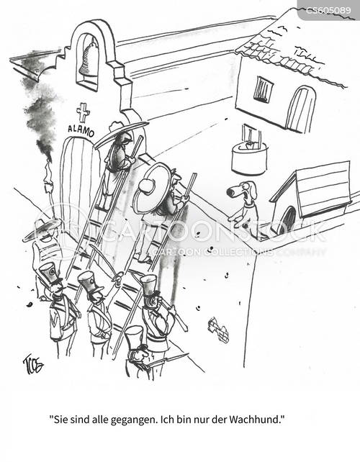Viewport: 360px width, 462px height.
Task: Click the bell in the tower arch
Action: (x=88, y=60)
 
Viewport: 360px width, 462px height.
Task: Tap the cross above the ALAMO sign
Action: (x=83, y=113)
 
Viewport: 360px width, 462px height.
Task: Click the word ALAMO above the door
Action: (x=81, y=130)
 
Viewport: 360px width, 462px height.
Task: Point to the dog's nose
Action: (x=231, y=192)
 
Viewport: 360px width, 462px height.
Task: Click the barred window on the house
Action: (x=264, y=89)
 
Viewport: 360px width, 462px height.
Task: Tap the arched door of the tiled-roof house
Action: (x=300, y=109)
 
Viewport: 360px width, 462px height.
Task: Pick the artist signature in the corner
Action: (x=32, y=364)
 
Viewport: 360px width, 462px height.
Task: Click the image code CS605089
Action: (x=328, y=11)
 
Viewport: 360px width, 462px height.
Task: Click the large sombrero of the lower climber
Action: (x=150, y=188)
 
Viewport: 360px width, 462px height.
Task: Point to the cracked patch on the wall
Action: (x=218, y=330)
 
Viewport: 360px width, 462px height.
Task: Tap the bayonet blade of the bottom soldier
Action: (x=174, y=358)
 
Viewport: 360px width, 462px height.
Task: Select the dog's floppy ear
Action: (x=253, y=190)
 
